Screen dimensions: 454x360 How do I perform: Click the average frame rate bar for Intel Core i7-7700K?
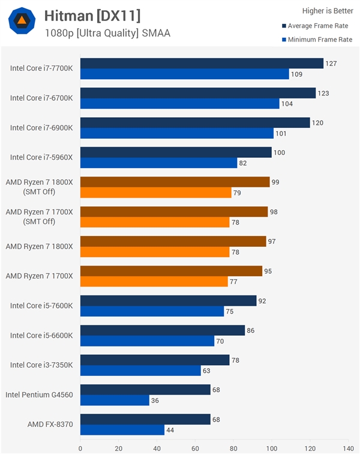coord(202,64)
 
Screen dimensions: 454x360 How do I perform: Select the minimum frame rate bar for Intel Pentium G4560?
coord(115,400)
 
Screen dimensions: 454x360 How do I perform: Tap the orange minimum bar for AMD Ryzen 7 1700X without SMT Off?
coord(154,282)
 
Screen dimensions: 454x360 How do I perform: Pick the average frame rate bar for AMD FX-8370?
coord(145,419)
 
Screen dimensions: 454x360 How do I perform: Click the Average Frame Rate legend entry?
coord(316,26)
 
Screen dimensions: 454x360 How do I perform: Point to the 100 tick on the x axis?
coord(272,448)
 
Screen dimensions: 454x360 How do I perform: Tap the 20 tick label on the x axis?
coord(119,448)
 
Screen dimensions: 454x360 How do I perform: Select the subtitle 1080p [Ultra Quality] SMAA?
coord(107,33)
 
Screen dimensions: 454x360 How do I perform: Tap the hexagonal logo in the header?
coord(22,22)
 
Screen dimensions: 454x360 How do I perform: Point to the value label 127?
coord(331,64)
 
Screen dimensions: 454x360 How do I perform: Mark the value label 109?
coord(297,74)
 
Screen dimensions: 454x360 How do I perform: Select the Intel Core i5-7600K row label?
coord(41,306)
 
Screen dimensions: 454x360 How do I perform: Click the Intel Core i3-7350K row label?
coord(41,365)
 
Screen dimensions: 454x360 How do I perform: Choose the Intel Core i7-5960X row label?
coord(41,157)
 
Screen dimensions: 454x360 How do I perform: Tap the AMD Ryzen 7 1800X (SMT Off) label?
coord(39,187)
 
